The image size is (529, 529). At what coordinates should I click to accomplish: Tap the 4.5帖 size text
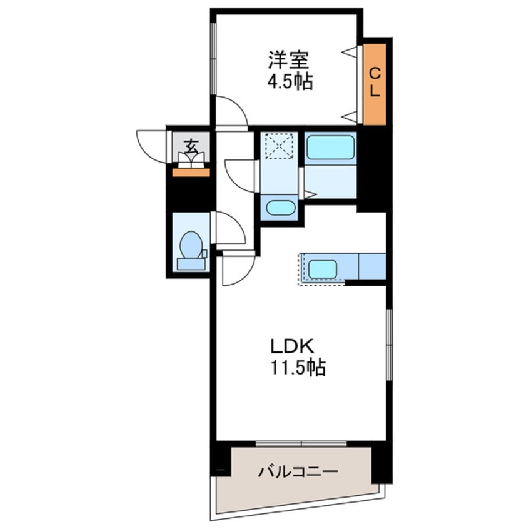tap(290, 81)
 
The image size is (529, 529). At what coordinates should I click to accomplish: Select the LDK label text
tap(292, 346)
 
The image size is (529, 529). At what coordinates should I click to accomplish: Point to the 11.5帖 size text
tap(298, 367)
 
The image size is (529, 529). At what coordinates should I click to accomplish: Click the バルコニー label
tap(298, 471)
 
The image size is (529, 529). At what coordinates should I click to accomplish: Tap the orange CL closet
tap(375, 84)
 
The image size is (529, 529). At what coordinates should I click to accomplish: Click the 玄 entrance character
tap(191, 146)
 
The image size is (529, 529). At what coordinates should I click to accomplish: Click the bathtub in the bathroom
tap(330, 148)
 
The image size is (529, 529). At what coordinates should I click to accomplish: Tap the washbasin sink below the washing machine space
tap(280, 208)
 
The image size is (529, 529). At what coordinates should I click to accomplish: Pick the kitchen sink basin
tap(323, 270)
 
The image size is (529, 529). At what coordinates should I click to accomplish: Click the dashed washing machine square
tap(279, 146)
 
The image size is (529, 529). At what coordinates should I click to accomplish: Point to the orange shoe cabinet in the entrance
tap(191, 173)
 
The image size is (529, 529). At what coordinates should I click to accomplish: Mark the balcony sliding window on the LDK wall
tap(301, 443)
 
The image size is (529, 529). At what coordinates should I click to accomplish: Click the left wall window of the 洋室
tap(213, 59)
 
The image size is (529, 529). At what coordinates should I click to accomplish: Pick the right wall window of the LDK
tap(389, 345)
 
